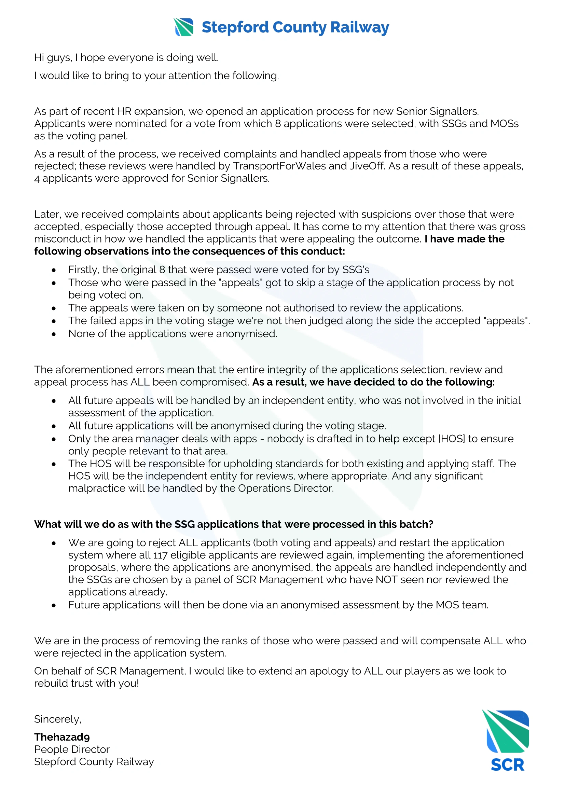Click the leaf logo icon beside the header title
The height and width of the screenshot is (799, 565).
click(183, 27)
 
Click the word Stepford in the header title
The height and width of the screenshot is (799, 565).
click(235, 27)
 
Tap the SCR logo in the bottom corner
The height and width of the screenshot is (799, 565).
click(507, 741)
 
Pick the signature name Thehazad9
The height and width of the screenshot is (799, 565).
click(62, 737)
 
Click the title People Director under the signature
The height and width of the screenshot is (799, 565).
click(72, 749)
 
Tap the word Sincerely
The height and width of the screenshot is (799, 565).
click(57, 719)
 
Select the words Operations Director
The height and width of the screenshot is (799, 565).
click(285, 488)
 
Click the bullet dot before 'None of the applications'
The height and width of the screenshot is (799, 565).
click(54, 334)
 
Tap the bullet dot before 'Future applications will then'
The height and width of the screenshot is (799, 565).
click(54, 606)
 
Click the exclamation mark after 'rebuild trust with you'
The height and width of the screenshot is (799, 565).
click(138, 683)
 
